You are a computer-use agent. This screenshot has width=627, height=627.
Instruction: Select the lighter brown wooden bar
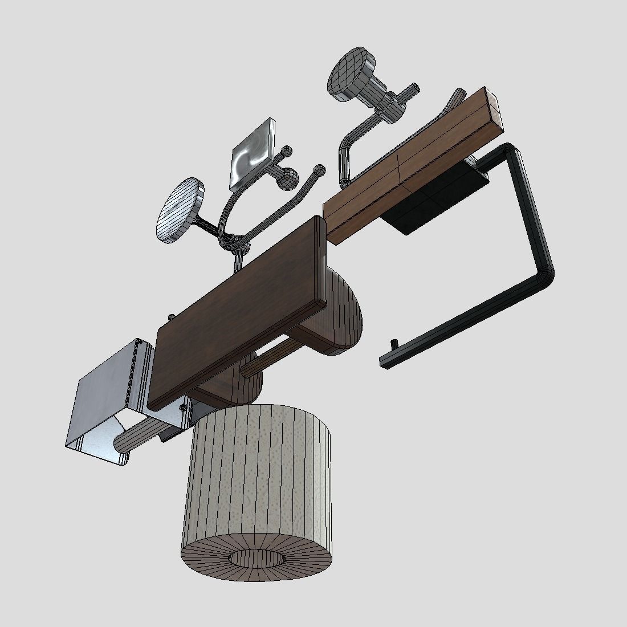(x=410, y=165)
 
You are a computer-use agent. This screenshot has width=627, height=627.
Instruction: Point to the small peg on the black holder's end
(x=393, y=345)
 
